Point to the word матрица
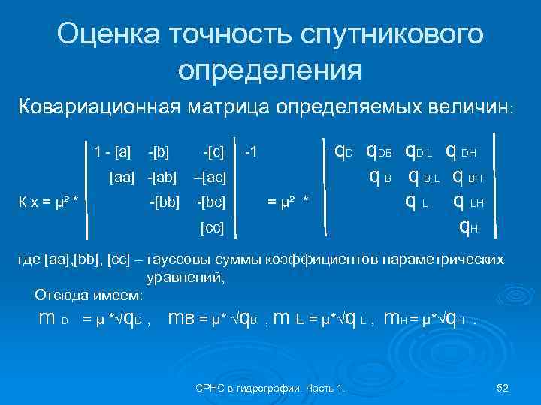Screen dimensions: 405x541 tap(227, 106)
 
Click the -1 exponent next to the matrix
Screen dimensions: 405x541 tap(252, 153)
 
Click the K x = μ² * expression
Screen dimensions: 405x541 tap(50, 202)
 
